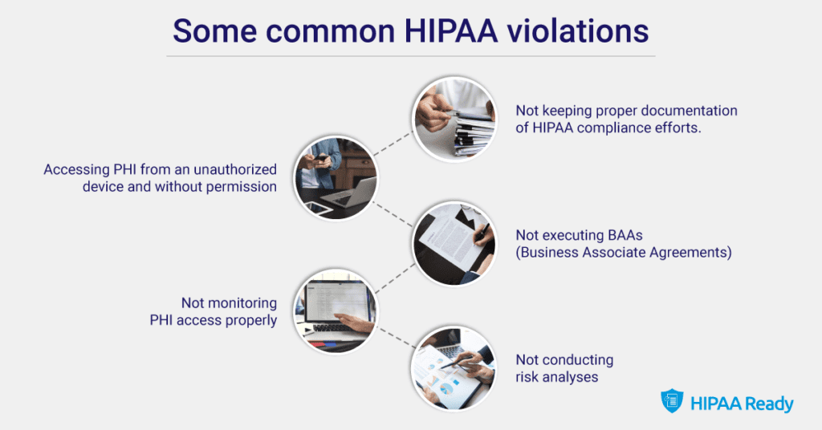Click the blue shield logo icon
pyautogui.click(x=671, y=401)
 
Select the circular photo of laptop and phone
pyautogui.click(x=335, y=179)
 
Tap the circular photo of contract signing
pyautogui.click(x=454, y=241)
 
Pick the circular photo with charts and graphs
pyautogui.click(x=454, y=367)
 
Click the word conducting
pyautogui.click(x=578, y=359)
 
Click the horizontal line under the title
pyautogui.click(x=410, y=56)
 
